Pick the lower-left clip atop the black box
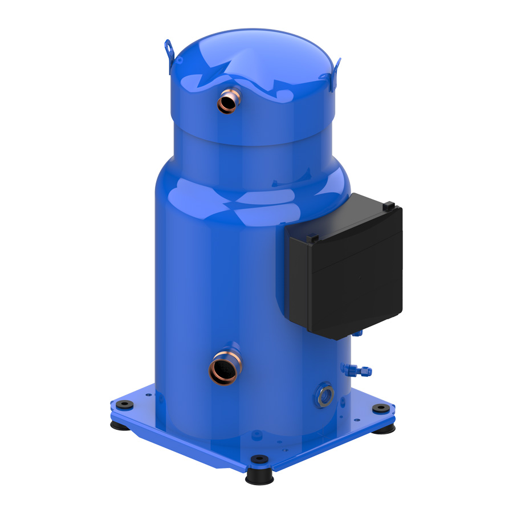click(x=311, y=237)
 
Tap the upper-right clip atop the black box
click(x=388, y=205)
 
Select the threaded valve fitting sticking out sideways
click(x=360, y=370)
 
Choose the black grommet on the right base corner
click(x=379, y=408)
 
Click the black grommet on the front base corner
click(x=259, y=459)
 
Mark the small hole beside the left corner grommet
click(x=148, y=394)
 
